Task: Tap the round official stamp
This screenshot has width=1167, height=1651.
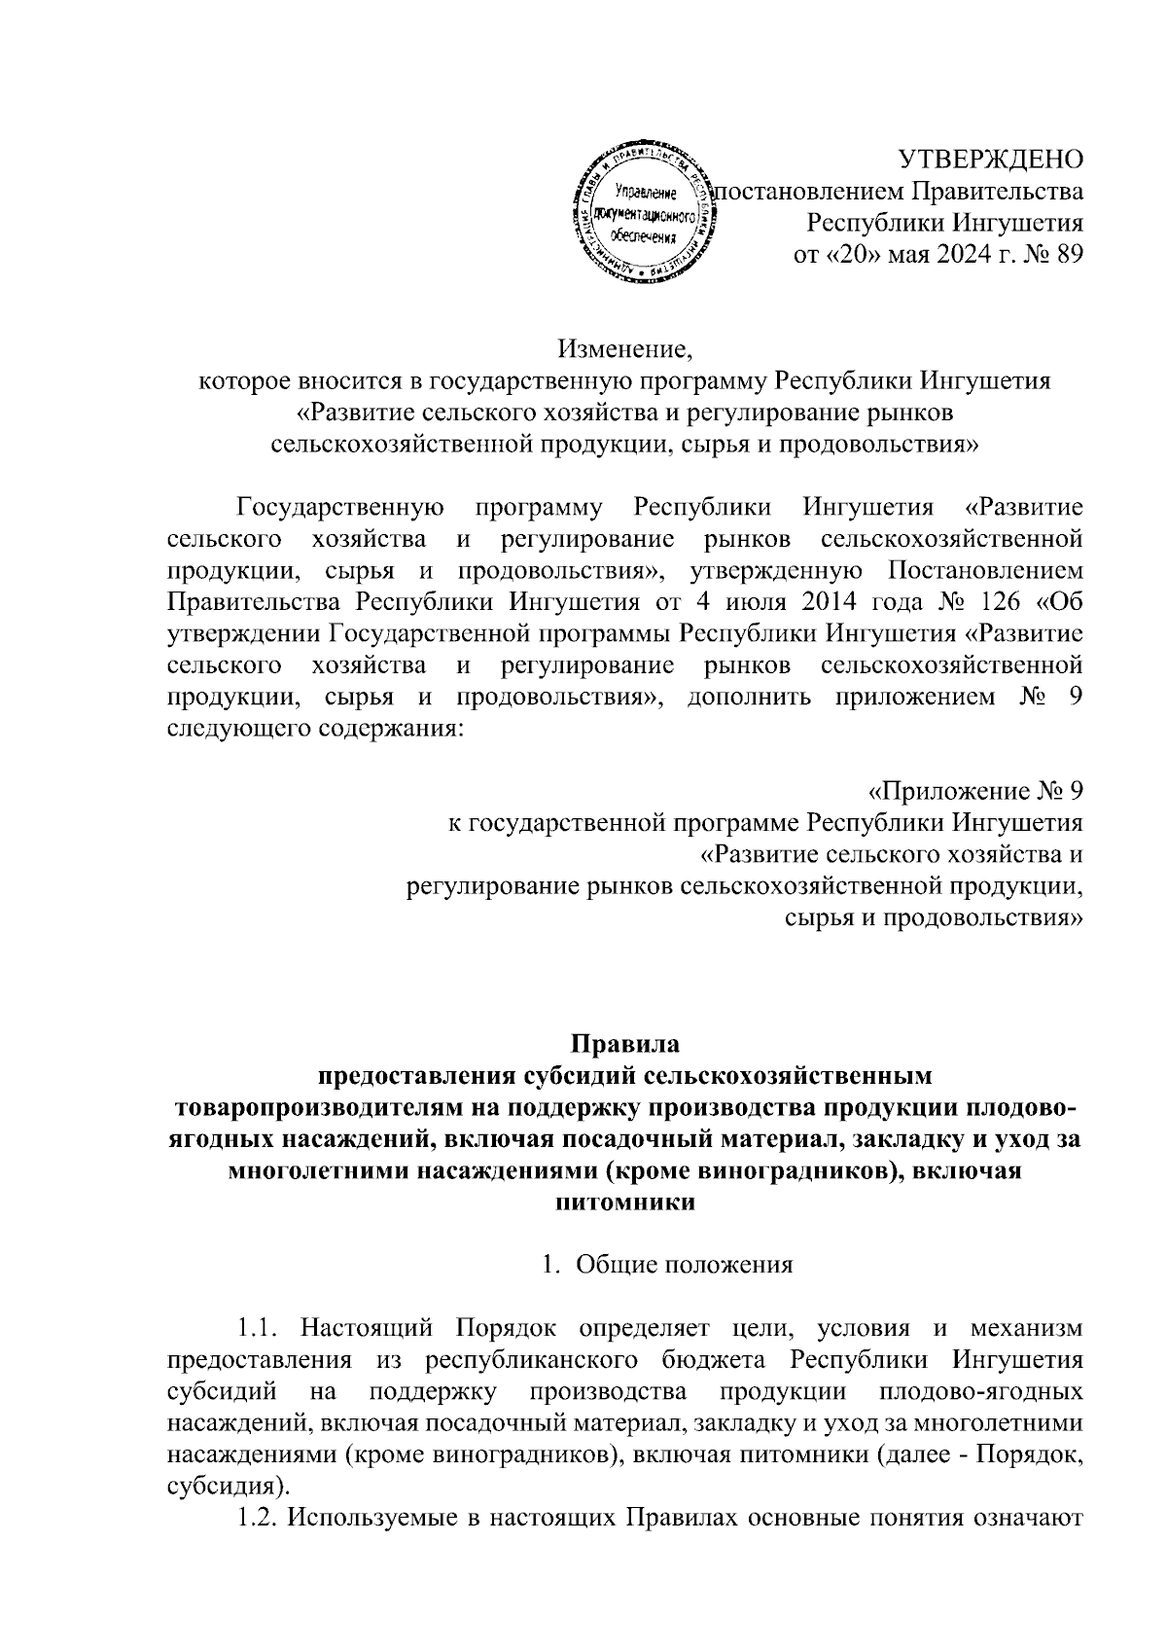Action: [641, 216]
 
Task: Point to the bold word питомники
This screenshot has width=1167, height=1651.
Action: [624, 1202]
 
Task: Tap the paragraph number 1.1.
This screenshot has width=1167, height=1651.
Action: [263, 1328]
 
